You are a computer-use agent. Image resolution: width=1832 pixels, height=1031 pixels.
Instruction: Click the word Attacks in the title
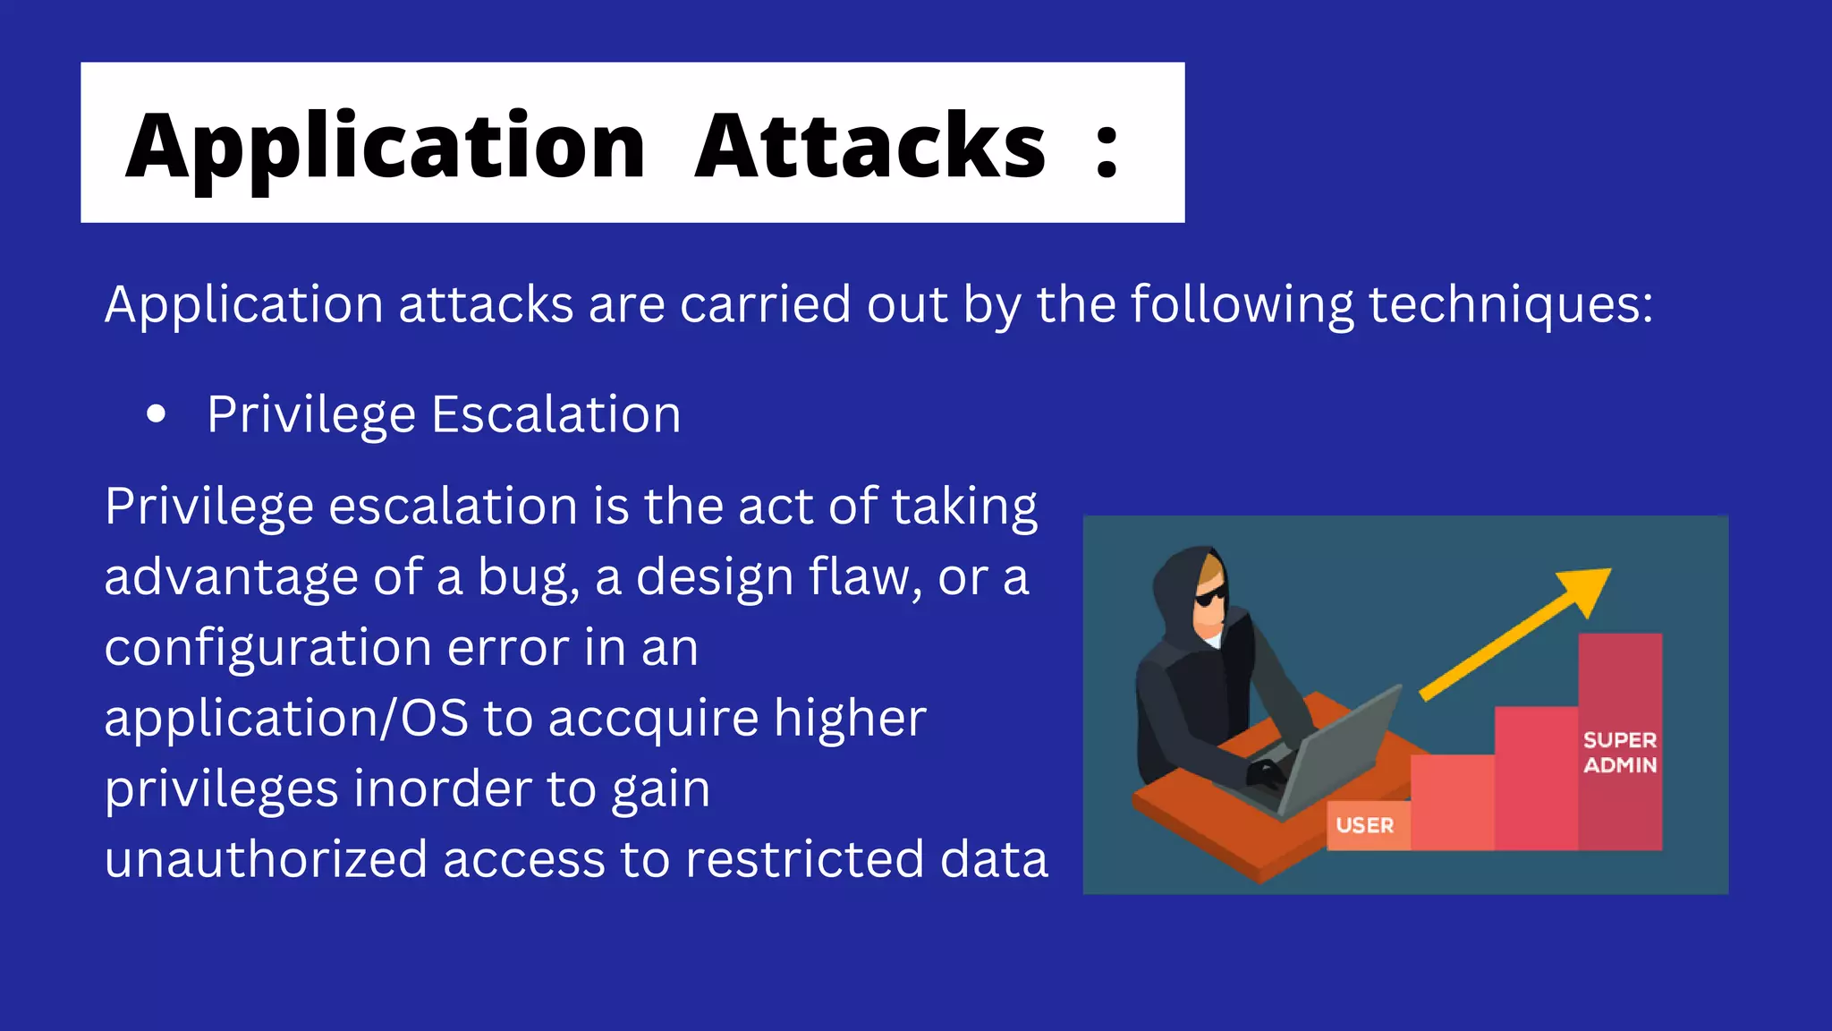(869, 146)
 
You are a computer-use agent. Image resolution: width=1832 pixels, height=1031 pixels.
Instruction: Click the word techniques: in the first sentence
(1511, 304)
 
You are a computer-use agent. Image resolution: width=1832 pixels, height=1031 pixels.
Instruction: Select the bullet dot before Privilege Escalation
(157, 413)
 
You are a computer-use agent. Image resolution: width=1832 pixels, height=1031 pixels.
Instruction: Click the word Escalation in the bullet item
(556, 414)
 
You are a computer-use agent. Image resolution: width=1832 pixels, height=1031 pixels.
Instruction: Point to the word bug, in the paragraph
(528, 577)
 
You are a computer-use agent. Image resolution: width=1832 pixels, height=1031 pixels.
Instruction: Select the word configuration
(267, 647)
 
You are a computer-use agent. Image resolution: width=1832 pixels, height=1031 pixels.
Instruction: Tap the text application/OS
(285, 718)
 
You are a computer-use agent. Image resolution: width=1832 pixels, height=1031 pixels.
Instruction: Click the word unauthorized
(266, 859)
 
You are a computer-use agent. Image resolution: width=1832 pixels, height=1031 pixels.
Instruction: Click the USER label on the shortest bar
(1364, 825)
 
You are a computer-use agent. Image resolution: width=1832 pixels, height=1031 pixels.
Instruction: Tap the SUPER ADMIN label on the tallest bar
(1619, 753)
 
